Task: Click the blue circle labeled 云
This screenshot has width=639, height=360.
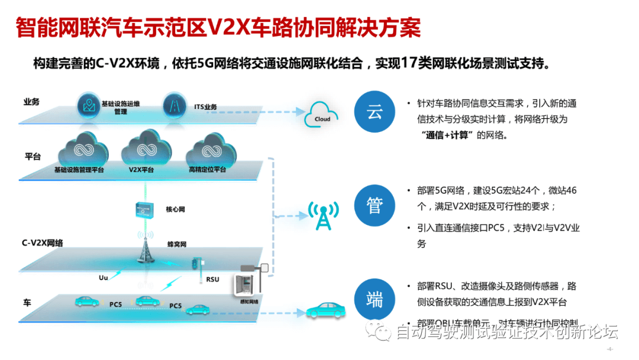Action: click(374, 112)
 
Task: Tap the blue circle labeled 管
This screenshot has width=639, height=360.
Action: click(374, 207)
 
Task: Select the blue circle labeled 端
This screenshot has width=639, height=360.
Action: click(374, 300)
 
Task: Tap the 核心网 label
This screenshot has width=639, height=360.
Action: click(176, 209)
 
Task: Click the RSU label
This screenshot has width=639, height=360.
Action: click(212, 279)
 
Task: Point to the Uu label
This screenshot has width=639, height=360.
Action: click(104, 277)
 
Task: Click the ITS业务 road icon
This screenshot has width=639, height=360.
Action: click(175, 105)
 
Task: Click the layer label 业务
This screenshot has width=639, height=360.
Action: click(31, 101)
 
